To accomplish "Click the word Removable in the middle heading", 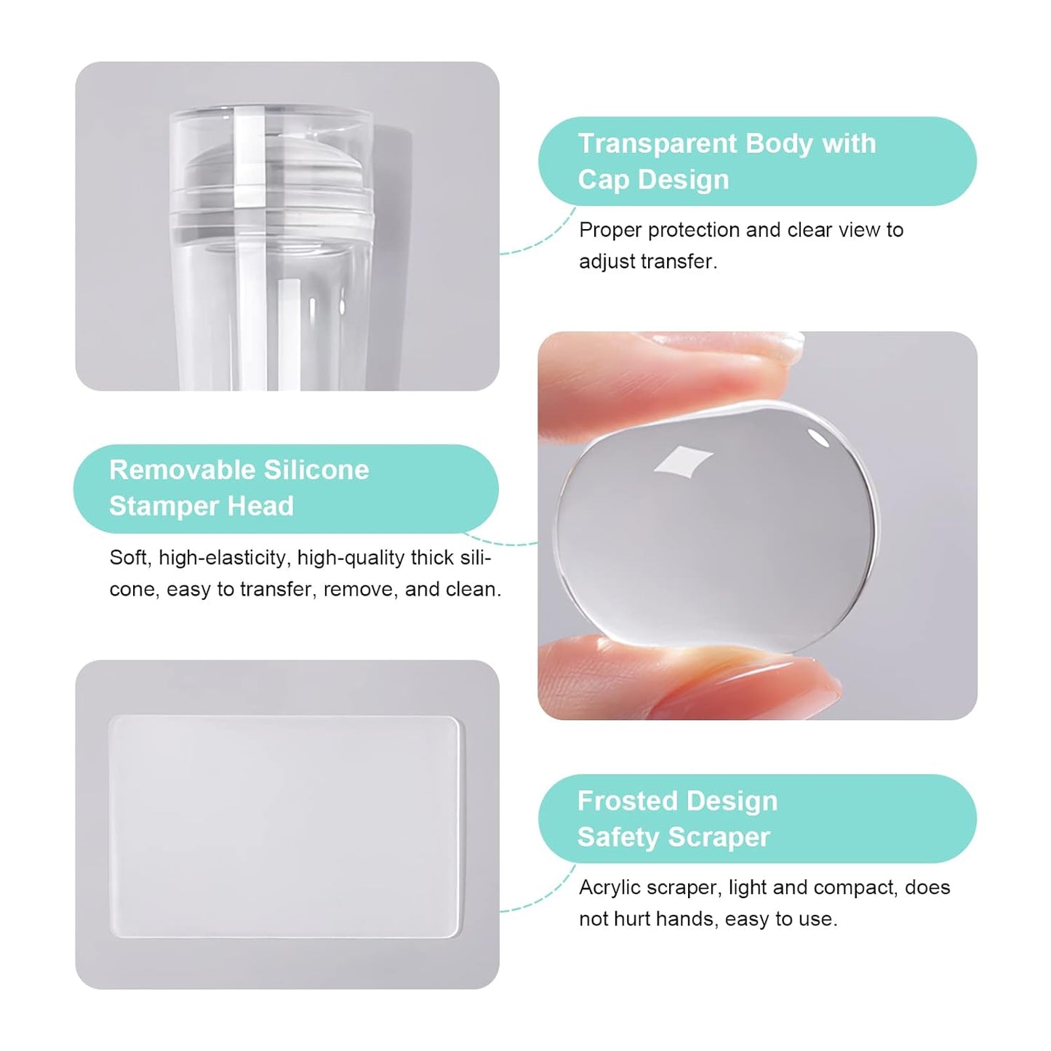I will pyautogui.click(x=182, y=470).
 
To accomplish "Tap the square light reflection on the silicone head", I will pyautogui.click(x=682, y=462).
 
